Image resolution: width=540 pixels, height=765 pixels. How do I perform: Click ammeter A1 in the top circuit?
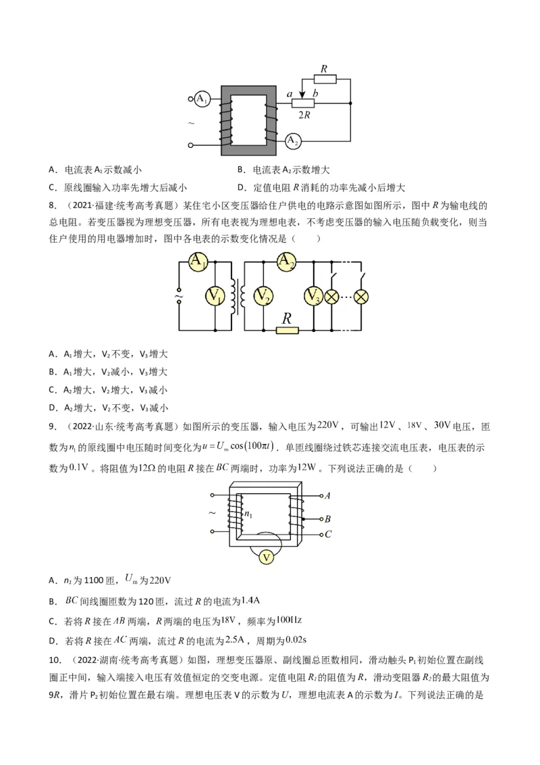(x=201, y=99)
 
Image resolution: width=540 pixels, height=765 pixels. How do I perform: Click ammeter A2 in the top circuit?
(x=292, y=141)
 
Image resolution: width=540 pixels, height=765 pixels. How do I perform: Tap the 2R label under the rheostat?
(x=304, y=115)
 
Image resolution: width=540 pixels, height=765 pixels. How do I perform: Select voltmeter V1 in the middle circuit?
(x=215, y=296)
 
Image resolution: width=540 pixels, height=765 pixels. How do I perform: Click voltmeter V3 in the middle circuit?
(x=313, y=296)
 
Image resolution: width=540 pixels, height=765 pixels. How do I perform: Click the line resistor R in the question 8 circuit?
(x=287, y=330)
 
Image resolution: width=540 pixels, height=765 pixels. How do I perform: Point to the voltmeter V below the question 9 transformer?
(x=267, y=557)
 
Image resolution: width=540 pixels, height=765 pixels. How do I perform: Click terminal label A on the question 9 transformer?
(x=327, y=495)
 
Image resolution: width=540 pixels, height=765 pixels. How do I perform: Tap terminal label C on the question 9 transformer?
(x=327, y=535)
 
